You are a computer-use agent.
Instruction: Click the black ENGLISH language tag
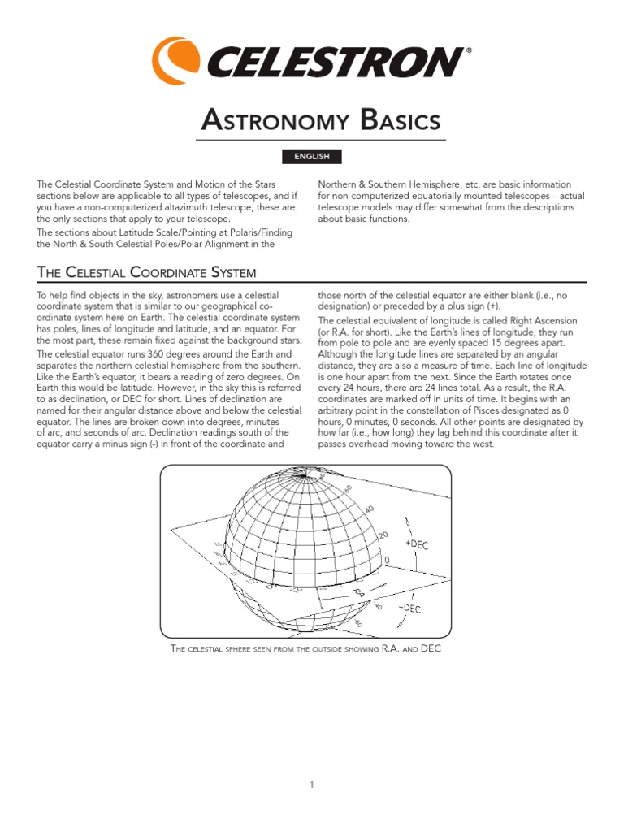pos(312,157)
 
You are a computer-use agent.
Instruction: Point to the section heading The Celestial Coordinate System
pos(147,272)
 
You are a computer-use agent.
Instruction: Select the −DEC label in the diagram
pos(408,607)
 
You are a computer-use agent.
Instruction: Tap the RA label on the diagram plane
pos(357,595)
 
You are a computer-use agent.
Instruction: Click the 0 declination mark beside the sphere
pos(387,561)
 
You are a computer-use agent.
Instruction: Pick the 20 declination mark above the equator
pos(384,537)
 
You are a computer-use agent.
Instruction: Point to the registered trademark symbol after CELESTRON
pos(466,51)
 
